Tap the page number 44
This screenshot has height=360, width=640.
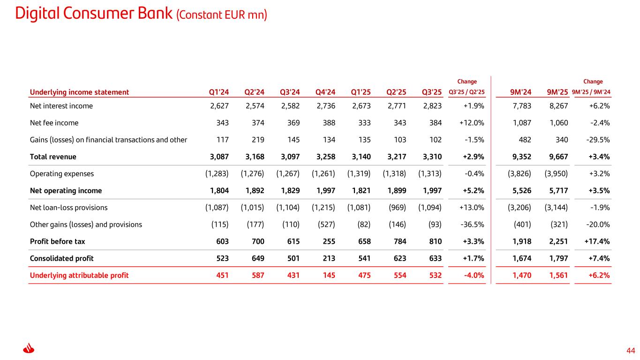point(631,351)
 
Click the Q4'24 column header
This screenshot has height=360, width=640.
point(326,92)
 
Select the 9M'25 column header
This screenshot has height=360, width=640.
point(557,92)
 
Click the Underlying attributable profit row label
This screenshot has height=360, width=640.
point(79,275)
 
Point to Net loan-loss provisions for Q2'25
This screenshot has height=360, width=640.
point(397,208)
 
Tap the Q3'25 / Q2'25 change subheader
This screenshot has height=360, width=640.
point(467,92)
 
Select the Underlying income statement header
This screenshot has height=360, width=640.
point(79,92)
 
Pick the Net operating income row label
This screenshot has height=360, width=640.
point(66,191)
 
